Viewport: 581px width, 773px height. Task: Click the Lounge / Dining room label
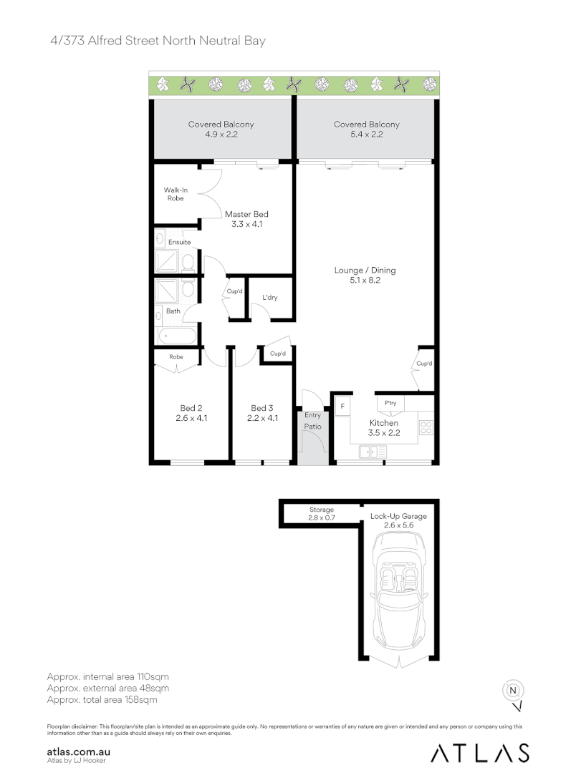click(x=365, y=276)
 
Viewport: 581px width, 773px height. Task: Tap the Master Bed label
click(x=246, y=218)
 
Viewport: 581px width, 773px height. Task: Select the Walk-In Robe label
click(x=175, y=194)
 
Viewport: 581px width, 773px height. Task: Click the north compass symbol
click(x=513, y=691)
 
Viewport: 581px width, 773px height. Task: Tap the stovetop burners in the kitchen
click(x=426, y=428)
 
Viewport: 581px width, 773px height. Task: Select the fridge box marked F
click(x=342, y=407)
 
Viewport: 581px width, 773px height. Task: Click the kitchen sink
click(x=373, y=452)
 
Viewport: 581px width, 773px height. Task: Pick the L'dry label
click(x=269, y=297)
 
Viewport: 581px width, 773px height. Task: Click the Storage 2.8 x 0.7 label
click(x=322, y=513)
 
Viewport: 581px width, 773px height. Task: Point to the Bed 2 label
click(x=191, y=413)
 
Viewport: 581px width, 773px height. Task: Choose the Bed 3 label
click(x=261, y=413)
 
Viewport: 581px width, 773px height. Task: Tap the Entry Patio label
click(x=312, y=421)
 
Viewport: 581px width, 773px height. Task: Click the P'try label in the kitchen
click(x=390, y=403)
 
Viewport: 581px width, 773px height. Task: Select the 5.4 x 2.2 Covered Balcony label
click(x=366, y=129)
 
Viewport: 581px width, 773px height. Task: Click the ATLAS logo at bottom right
click(x=480, y=752)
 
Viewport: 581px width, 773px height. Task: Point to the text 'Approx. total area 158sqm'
click(x=102, y=699)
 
